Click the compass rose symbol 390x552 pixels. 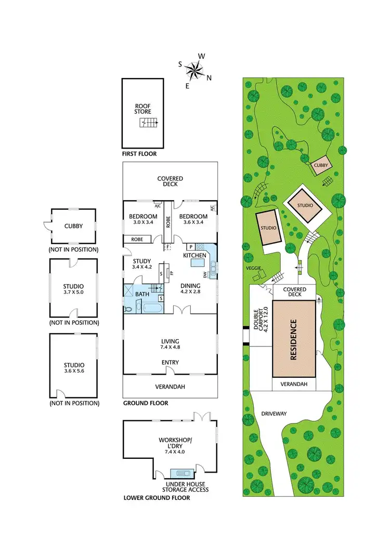(x=195, y=70)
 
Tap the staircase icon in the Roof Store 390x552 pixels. (x=149, y=123)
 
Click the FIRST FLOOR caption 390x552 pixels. (x=139, y=154)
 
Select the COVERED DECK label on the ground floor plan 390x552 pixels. (x=170, y=182)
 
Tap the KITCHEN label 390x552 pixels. (x=195, y=255)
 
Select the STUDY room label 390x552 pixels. (x=141, y=261)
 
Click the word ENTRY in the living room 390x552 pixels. (x=170, y=363)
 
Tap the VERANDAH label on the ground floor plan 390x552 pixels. (x=170, y=387)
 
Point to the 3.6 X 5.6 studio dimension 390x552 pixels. (x=73, y=372)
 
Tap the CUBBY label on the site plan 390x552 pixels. (x=321, y=166)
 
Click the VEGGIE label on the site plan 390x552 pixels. (x=254, y=268)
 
